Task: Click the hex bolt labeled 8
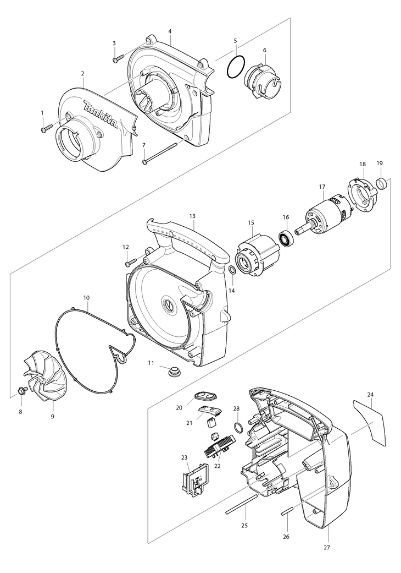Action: point(23,391)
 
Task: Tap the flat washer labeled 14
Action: point(232,270)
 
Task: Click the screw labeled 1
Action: point(46,129)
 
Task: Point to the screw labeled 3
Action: point(118,59)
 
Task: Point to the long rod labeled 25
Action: point(241,505)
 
